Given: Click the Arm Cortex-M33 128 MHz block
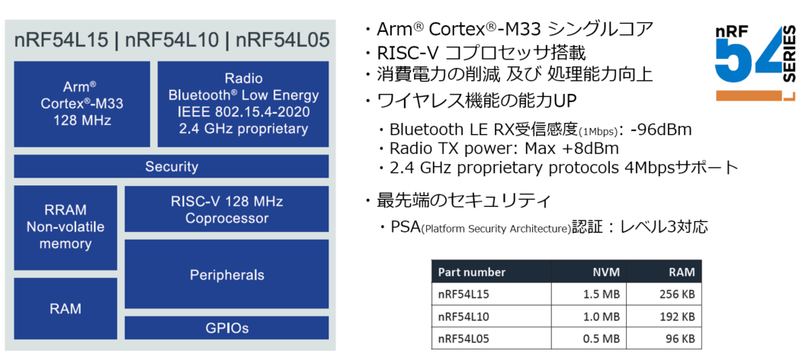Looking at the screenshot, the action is [x=82, y=104].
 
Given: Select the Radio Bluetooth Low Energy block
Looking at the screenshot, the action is [x=243, y=104].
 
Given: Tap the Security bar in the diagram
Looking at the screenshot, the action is [x=172, y=166].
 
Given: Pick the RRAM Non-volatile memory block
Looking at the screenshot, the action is [x=66, y=227].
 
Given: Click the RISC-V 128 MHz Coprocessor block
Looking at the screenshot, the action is [x=226, y=209].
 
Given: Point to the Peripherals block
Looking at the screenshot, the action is [x=226, y=275].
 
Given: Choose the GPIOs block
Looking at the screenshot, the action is [x=226, y=328].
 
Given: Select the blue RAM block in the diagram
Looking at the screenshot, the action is [x=66, y=309].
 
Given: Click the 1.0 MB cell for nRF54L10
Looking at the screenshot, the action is [x=598, y=317].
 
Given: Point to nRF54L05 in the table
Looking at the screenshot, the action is [x=464, y=339].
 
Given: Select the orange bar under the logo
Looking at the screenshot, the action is [x=750, y=95].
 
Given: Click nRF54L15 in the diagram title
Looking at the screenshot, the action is [x=62, y=40].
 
